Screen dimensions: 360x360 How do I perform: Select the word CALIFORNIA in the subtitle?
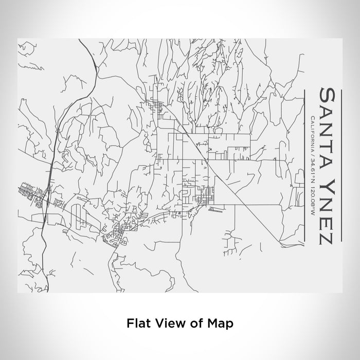313,134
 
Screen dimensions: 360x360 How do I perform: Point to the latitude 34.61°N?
313,174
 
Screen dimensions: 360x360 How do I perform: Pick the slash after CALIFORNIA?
313,156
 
